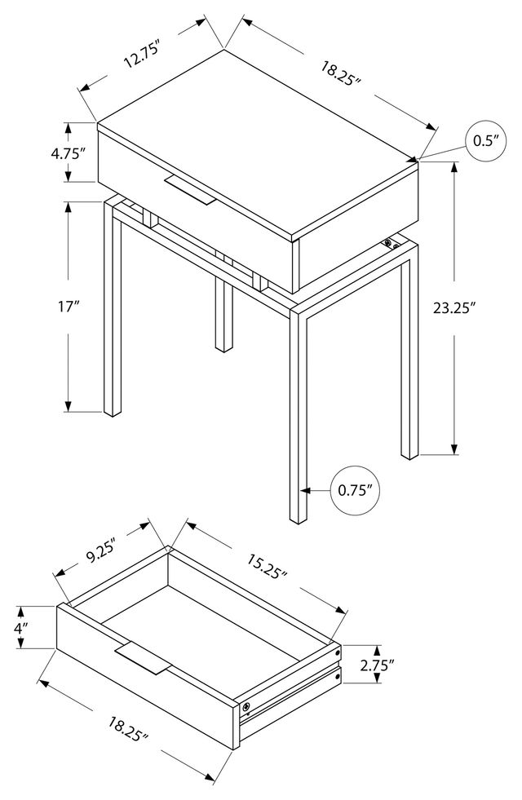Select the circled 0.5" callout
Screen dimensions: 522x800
tap(486, 141)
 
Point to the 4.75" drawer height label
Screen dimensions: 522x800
tap(67, 153)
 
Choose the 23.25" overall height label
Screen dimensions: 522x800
tap(453, 308)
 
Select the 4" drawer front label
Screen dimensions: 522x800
tap(20, 628)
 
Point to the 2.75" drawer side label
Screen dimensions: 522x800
tap(377, 665)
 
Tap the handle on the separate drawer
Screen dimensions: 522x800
tap(142, 660)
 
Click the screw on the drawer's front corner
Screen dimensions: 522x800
tap(246, 707)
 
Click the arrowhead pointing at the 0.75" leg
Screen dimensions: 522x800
tap(305, 491)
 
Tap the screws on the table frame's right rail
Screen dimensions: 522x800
tap(391, 243)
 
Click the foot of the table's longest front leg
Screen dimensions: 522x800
tap(299, 519)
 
